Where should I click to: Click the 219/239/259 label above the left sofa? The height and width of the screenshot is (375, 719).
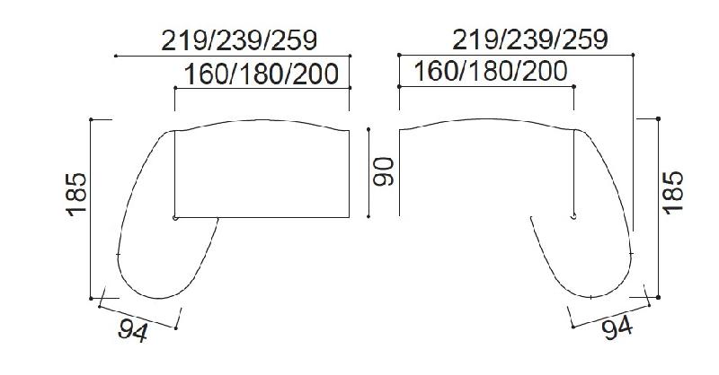pyautogui.click(x=239, y=40)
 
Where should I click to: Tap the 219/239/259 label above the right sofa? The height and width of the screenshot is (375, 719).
pyautogui.click(x=530, y=39)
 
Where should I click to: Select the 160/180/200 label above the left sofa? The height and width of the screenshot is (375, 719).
pyautogui.click(x=262, y=74)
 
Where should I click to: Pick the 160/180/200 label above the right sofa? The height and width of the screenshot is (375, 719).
pyautogui.click(x=491, y=71)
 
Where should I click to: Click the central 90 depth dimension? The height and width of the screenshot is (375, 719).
pyautogui.click(x=383, y=171)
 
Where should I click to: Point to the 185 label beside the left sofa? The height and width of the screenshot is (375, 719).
pyautogui.click(x=76, y=194)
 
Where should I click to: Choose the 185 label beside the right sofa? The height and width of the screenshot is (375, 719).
pyautogui.click(x=672, y=192)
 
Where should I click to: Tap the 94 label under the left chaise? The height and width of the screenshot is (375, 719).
pyautogui.click(x=133, y=329)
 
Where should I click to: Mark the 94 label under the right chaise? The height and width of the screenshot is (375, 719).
pyautogui.click(x=617, y=328)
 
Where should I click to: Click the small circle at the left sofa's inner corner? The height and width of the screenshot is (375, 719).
pyautogui.click(x=174, y=218)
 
